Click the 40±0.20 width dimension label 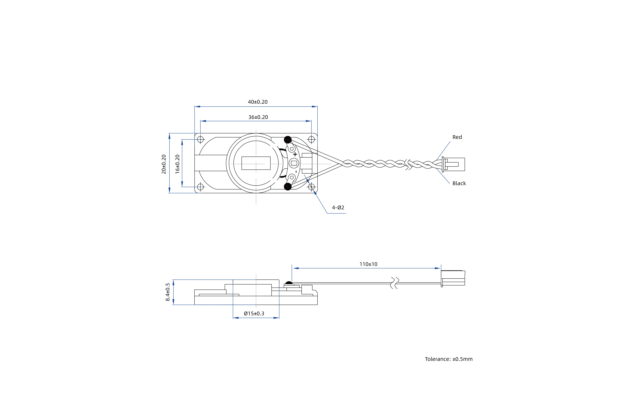[x=258, y=102]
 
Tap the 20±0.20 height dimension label [x=164, y=164]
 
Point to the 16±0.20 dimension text [x=177, y=164]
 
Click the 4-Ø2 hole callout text [x=338, y=207]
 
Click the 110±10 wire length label [x=368, y=264]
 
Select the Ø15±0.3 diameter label [x=254, y=313]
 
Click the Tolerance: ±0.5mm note [x=449, y=359]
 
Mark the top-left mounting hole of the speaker [x=200, y=139]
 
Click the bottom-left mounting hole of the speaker [x=200, y=187]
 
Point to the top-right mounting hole [x=311, y=139]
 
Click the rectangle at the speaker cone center [x=256, y=163]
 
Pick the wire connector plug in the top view [x=453, y=164]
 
